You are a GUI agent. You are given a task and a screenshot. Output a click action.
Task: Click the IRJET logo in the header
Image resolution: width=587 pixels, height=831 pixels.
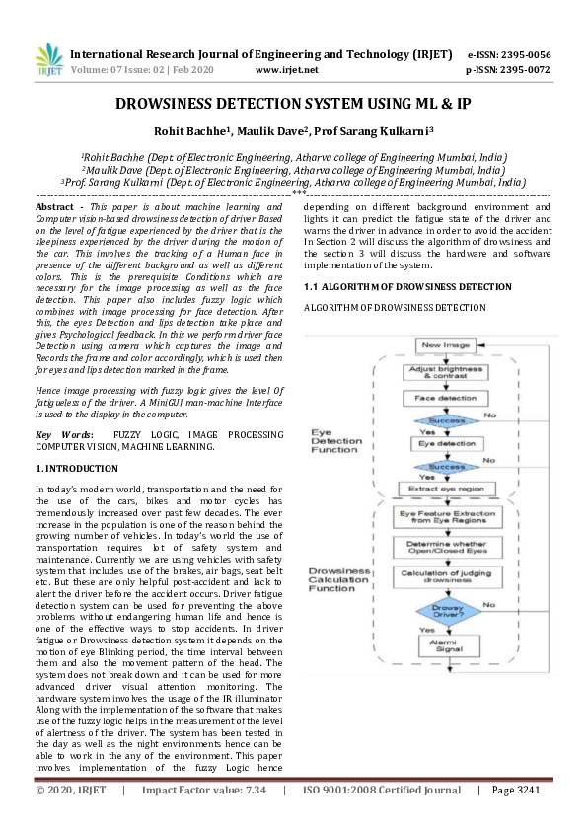tap(47, 61)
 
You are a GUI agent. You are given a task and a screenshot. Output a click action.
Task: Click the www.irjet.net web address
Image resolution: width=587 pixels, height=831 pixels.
tap(286, 70)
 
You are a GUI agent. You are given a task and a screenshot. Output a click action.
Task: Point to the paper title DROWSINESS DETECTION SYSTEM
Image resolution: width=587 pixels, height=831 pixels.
tap(293, 104)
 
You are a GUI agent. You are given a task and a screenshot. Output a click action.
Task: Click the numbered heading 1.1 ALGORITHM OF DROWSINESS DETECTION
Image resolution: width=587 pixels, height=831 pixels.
tap(393, 286)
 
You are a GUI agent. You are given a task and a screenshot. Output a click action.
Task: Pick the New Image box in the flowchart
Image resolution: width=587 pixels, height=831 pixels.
tap(445, 345)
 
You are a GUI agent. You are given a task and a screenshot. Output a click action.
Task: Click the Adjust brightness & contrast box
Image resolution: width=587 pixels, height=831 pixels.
tap(445, 373)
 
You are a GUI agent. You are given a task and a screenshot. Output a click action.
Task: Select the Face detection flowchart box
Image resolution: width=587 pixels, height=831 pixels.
tap(445, 399)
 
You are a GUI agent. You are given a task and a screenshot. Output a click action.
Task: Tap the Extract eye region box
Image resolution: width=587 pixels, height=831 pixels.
tap(445, 489)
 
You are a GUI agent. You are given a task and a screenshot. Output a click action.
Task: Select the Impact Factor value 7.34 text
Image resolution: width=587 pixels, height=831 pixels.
tap(204, 790)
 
